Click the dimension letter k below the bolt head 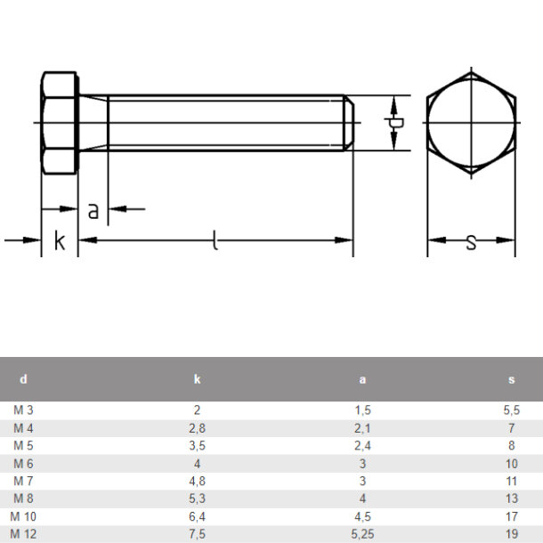pyautogui.click(x=60, y=240)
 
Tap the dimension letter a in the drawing pyautogui.click(x=93, y=211)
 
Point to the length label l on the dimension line pyautogui.click(x=215, y=240)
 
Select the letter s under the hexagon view pyautogui.click(x=471, y=242)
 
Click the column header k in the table pyautogui.click(x=197, y=379)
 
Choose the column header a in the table pyautogui.click(x=362, y=380)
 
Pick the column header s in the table pyautogui.click(x=512, y=380)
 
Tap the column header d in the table pyautogui.click(x=23, y=379)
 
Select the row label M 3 pyautogui.click(x=23, y=410)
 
